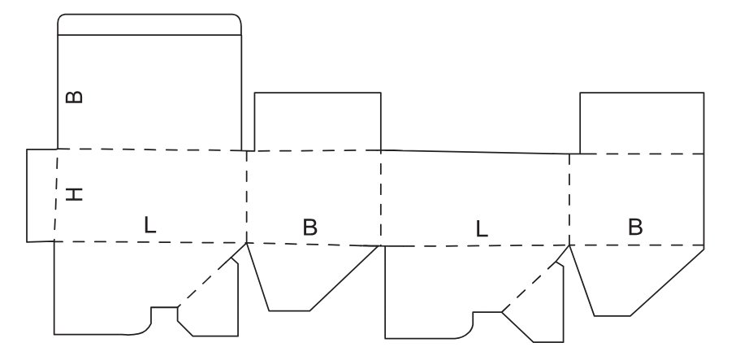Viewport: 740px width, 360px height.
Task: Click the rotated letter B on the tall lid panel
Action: click(x=74, y=97)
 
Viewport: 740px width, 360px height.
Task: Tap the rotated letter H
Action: click(x=74, y=194)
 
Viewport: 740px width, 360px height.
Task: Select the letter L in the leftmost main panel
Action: click(x=149, y=225)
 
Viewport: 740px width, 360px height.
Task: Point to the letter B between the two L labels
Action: click(x=309, y=228)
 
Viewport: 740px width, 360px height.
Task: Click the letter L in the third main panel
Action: click(x=483, y=229)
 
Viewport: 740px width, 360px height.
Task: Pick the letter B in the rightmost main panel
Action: click(x=635, y=228)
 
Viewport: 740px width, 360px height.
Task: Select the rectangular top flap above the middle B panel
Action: click(x=318, y=122)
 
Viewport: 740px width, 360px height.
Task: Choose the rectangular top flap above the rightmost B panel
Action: click(x=641, y=123)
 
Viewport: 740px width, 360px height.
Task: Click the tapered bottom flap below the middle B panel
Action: click(x=305, y=276)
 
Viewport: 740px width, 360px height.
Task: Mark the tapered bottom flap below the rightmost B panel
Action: click(x=630, y=280)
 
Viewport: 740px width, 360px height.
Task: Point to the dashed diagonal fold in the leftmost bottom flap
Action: click(x=207, y=281)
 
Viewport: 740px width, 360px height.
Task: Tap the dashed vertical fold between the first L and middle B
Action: click(x=246, y=196)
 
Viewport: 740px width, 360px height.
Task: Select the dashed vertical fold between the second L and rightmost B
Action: click(x=569, y=199)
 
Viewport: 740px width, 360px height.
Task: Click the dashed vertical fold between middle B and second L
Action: click(x=381, y=197)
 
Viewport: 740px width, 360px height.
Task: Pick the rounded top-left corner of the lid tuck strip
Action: click(x=62, y=18)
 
